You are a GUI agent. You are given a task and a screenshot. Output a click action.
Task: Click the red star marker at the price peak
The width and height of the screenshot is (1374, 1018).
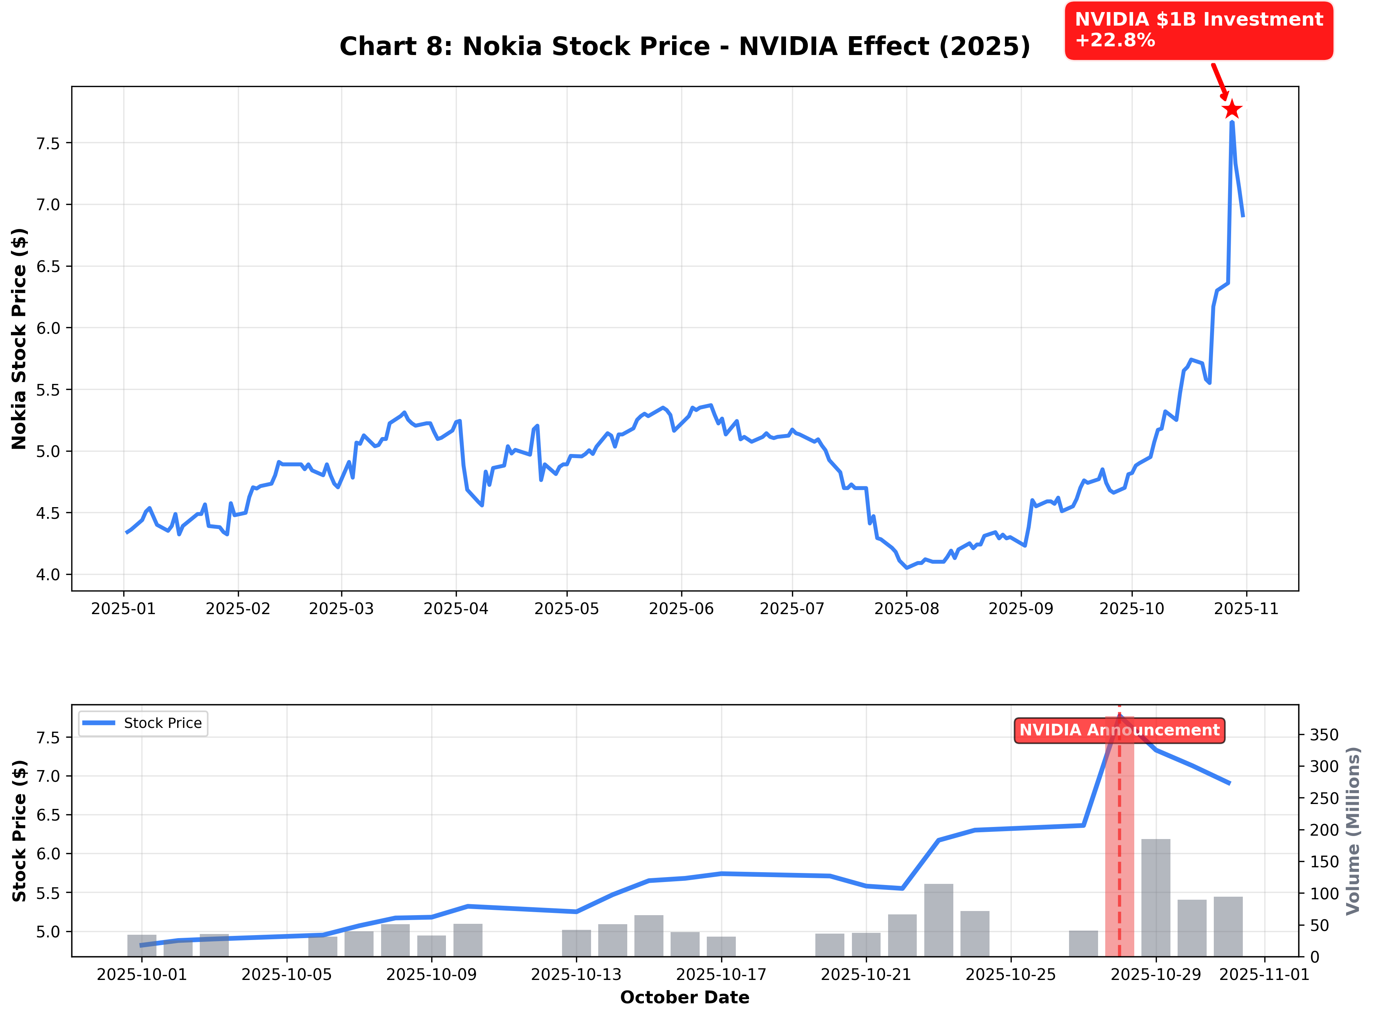point(1232,110)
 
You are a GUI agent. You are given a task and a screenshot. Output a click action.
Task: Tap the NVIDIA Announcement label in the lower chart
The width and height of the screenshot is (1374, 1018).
point(1119,730)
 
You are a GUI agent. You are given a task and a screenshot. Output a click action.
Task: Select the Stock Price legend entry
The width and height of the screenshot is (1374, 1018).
point(143,723)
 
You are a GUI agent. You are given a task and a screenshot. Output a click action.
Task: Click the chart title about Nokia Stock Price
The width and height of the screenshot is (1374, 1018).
point(684,47)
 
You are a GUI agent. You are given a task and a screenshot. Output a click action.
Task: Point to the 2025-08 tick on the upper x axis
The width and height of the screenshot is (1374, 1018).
point(906,609)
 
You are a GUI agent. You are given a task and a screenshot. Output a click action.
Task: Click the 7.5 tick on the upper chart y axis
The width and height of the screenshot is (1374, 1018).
point(48,144)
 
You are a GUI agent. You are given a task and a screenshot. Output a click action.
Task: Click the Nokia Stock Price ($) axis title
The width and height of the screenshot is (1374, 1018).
point(20,339)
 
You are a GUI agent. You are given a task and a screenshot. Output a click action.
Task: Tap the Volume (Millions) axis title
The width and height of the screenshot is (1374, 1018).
point(1353,831)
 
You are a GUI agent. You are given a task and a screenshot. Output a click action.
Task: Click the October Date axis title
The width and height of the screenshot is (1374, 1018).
point(684,997)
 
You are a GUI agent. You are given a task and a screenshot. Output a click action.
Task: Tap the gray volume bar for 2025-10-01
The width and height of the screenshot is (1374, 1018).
point(142,946)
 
